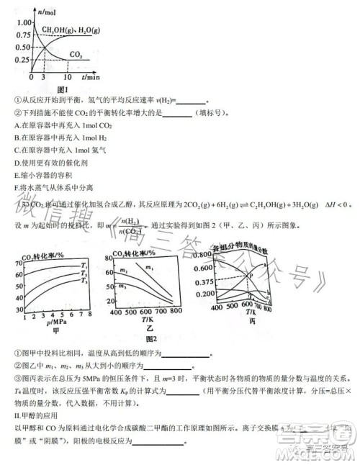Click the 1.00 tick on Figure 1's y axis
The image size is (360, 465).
pos(21,22)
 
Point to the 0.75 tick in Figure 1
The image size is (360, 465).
pos(21,34)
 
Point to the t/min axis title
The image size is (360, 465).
pos(89,76)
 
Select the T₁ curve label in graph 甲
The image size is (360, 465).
pos(84,265)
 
